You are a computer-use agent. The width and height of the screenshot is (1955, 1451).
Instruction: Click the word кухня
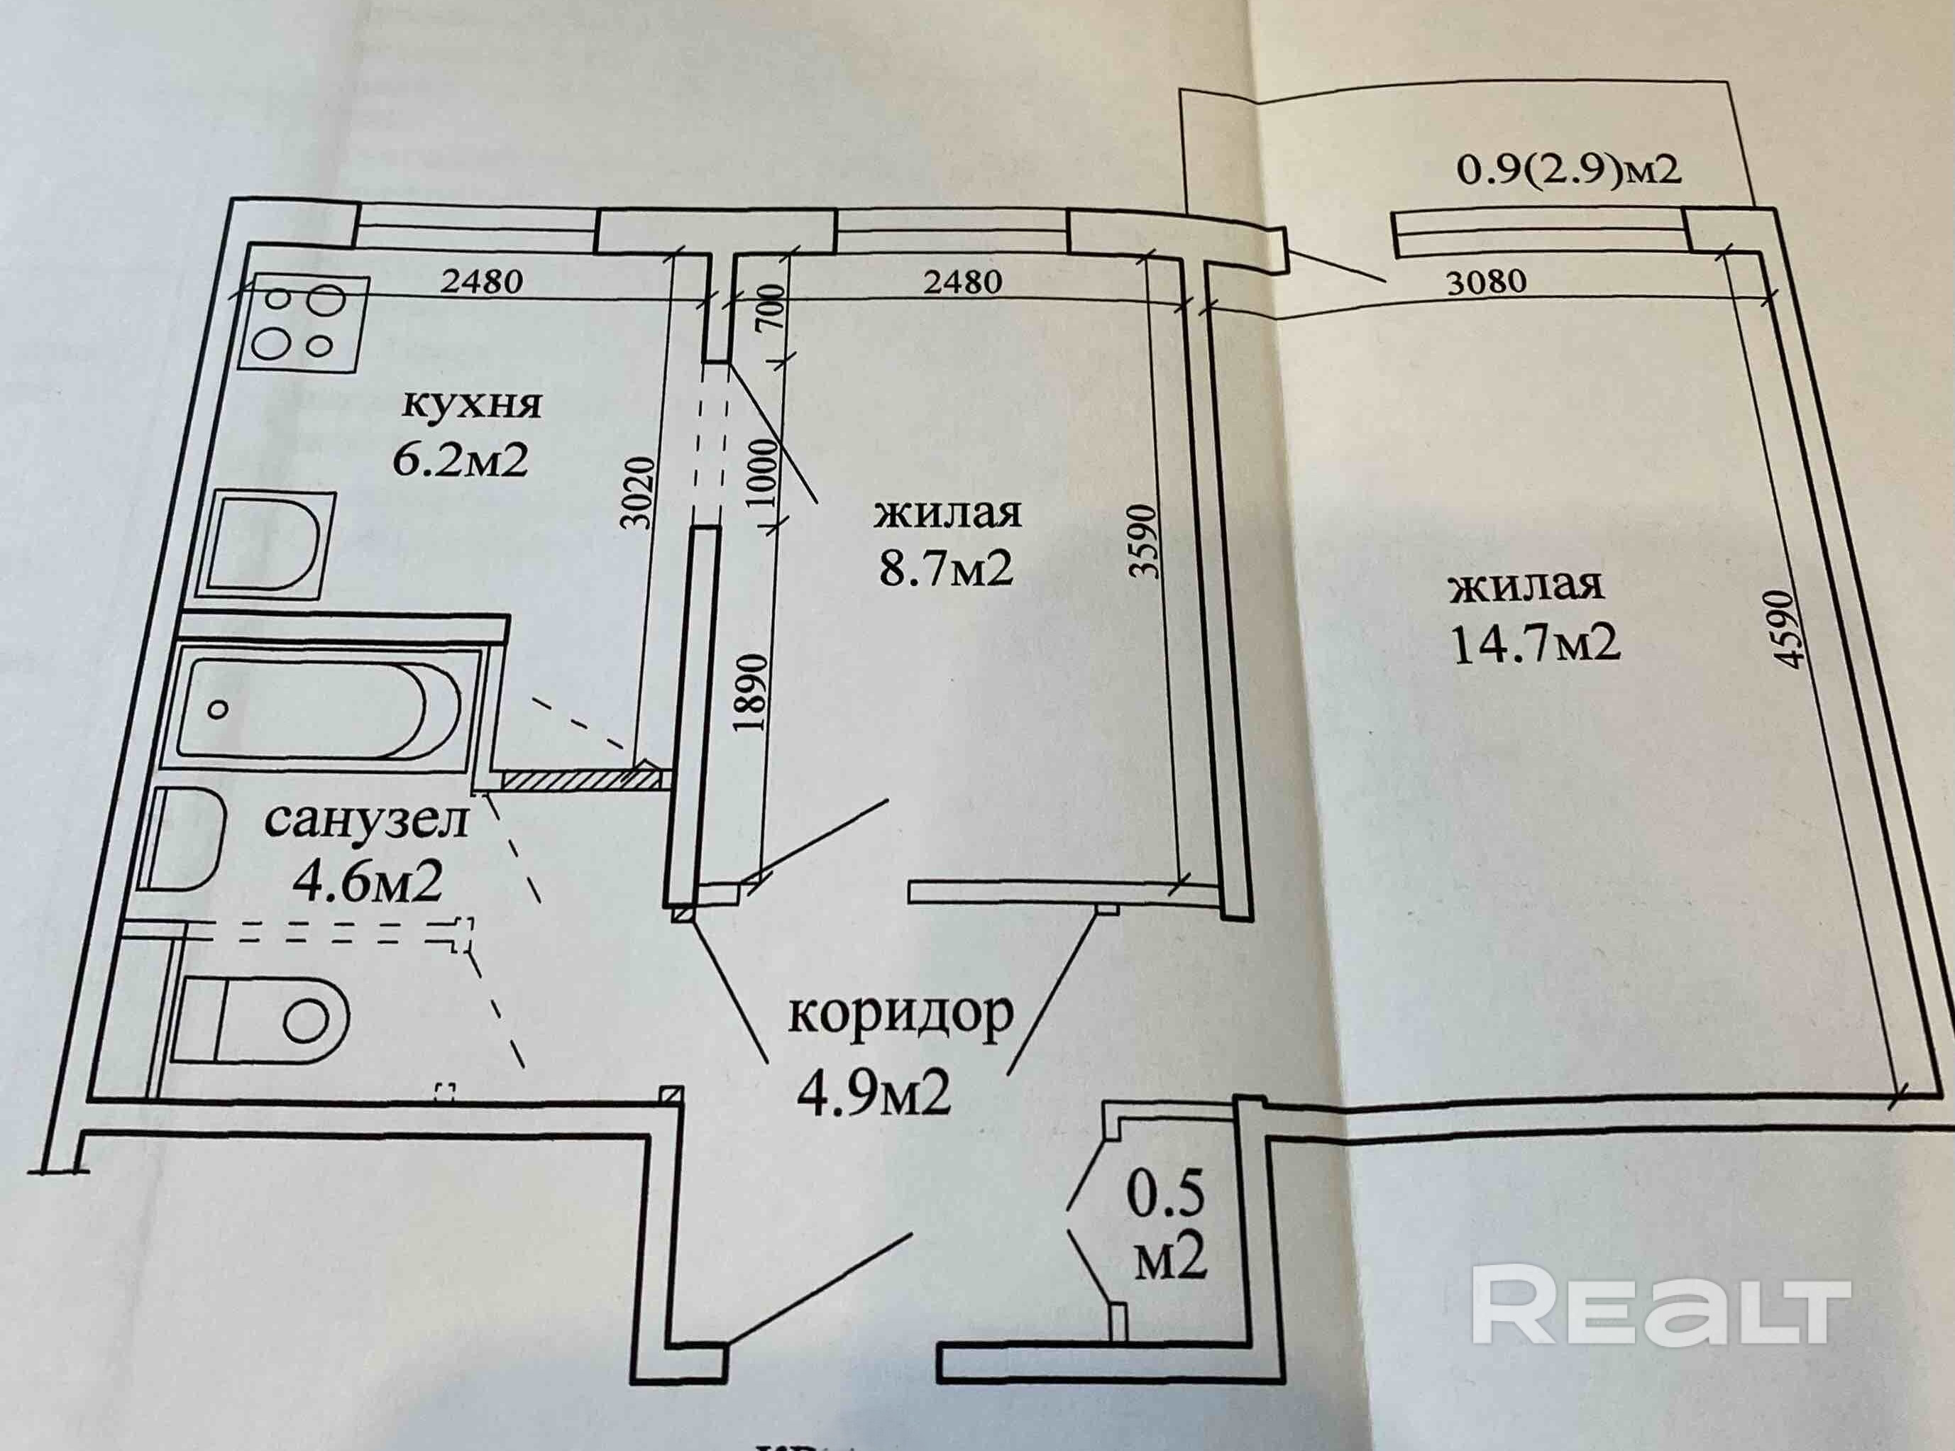[x=473, y=406]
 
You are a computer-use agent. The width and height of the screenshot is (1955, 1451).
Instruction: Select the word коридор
[x=901, y=1015]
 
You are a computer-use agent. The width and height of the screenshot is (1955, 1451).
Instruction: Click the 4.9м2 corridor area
[x=874, y=1094]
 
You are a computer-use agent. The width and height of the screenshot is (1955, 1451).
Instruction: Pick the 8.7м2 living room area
[x=947, y=569]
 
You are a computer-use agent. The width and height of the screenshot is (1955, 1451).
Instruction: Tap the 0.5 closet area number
[x=1167, y=1218]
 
